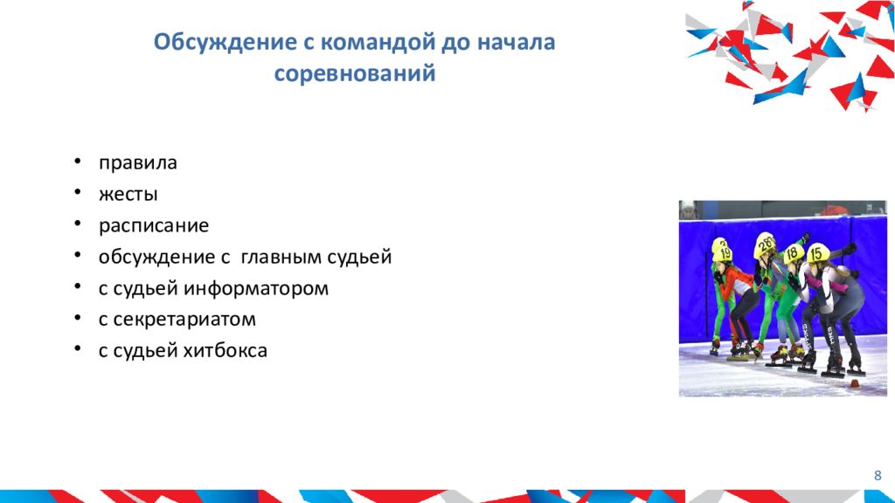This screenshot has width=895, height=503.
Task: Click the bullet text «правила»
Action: [x=137, y=163]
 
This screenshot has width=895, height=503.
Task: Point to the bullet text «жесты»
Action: [x=128, y=195]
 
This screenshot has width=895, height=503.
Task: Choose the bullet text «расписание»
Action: [x=153, y=226]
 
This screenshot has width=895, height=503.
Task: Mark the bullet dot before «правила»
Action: [x=79, y=163]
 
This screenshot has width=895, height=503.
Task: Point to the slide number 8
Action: [x=878, y=474]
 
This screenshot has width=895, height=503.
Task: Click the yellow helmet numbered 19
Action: [x=722, y=249]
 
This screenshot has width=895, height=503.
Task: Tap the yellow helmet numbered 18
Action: [x=794, y=252]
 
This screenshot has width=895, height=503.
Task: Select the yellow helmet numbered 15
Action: [x=817, y=252]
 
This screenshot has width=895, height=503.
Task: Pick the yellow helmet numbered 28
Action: [x=765, y=245]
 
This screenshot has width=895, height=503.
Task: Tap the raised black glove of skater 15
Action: [x=848, y=248]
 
